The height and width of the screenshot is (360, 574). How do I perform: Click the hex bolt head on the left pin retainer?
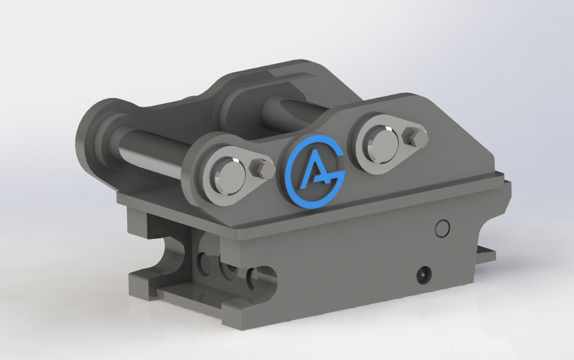[261, 168]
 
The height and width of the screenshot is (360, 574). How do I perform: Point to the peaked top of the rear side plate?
[296, 67]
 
